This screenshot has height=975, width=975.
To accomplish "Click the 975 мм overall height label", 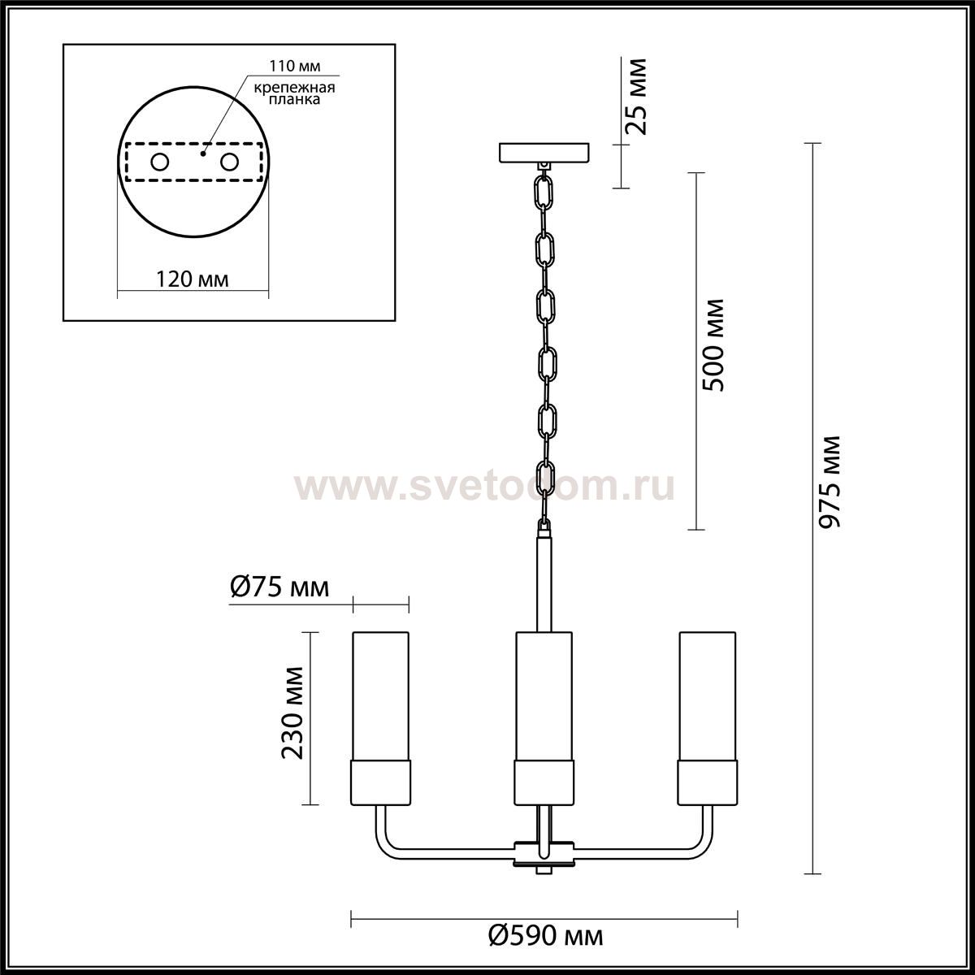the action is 830,482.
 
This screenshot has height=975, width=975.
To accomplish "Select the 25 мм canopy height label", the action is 636,97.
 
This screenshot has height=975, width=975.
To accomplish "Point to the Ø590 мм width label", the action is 545,935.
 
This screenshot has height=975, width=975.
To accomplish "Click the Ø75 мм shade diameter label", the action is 279,587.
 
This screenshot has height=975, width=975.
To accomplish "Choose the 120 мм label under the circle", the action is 193,279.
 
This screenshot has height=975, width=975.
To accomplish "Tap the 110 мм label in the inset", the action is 294,67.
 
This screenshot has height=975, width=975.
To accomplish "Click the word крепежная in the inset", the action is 294,88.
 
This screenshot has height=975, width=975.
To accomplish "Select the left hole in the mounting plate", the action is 159,162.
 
